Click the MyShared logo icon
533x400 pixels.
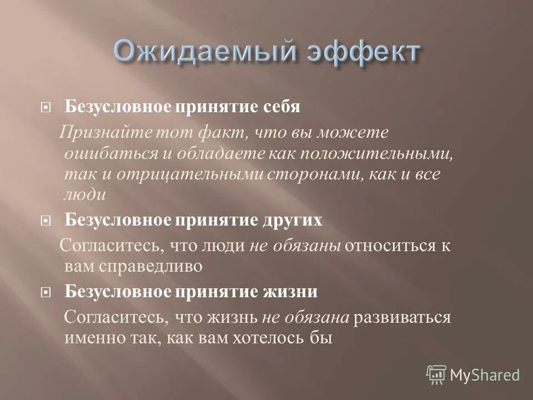[437, 374]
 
